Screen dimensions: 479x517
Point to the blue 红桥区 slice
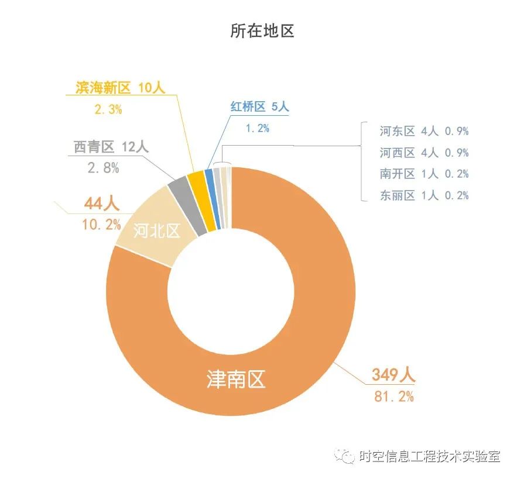pos(209,175)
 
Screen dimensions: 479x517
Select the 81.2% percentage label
pos(393,396)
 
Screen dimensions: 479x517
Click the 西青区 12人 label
pos(111,147)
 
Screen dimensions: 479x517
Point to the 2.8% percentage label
pos(103,168)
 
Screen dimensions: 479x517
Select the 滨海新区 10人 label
pos(121,88)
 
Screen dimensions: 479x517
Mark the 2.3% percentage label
pos(108,108)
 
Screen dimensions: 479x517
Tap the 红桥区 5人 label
pos(259,107)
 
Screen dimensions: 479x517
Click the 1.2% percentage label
pos(256,128)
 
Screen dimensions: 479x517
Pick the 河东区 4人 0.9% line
pos(424,131)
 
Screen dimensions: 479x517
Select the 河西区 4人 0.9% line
pos(424,153)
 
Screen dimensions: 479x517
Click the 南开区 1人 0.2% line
pos(424,174)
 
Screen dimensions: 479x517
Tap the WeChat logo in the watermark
pos(343,456)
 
